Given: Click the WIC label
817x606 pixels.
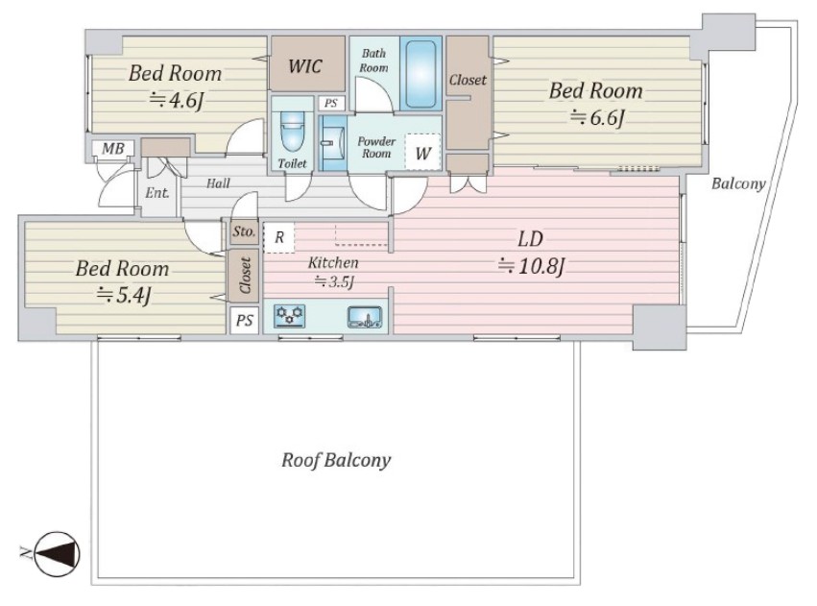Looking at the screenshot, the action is [305, 66].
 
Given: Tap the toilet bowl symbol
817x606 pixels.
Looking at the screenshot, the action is [292, 131].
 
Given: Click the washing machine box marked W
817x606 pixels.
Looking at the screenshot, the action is [422, 152].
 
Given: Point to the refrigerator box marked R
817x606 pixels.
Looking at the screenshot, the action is [278, 237].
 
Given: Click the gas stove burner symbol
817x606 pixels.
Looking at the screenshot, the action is [289, 316].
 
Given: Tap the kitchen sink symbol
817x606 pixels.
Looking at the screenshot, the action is [365, 317].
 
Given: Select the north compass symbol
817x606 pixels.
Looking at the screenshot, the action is [57, 554].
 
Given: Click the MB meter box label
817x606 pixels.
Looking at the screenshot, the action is [113, 149].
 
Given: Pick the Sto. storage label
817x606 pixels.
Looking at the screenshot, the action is [244, 231].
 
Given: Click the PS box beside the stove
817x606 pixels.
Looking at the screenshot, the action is [245, 320].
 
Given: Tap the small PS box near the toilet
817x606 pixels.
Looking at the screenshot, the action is [331, 103].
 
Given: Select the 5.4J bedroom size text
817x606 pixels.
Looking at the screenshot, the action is [124, 296].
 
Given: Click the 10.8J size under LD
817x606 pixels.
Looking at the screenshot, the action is [531, 266].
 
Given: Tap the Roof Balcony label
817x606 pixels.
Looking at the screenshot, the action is [336, 460].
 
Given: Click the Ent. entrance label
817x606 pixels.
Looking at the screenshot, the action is [156, 193].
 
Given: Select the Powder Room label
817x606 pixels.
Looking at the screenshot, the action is [376, 147].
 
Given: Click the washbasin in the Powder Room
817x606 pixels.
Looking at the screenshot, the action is [331, 143].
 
